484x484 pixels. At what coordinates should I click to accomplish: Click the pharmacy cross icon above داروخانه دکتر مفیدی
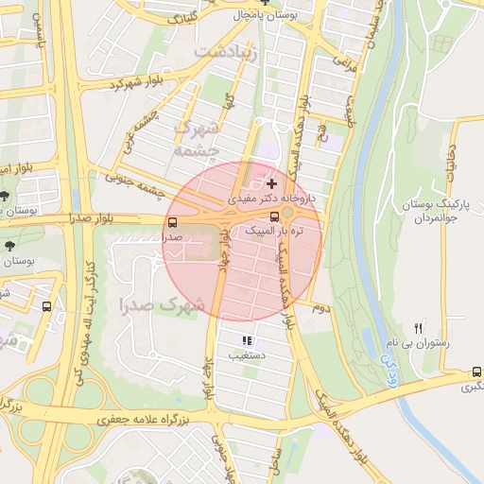(272, 182)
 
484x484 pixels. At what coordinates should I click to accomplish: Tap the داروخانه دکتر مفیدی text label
(273, 199)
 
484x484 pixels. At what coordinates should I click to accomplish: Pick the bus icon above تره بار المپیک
(274, 216)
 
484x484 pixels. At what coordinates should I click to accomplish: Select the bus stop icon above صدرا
(171, 223)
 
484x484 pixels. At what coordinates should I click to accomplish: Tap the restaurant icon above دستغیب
(247, 340)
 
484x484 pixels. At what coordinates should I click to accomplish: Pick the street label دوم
(320, 307)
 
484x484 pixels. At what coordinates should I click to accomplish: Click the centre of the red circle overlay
(242, 241)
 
